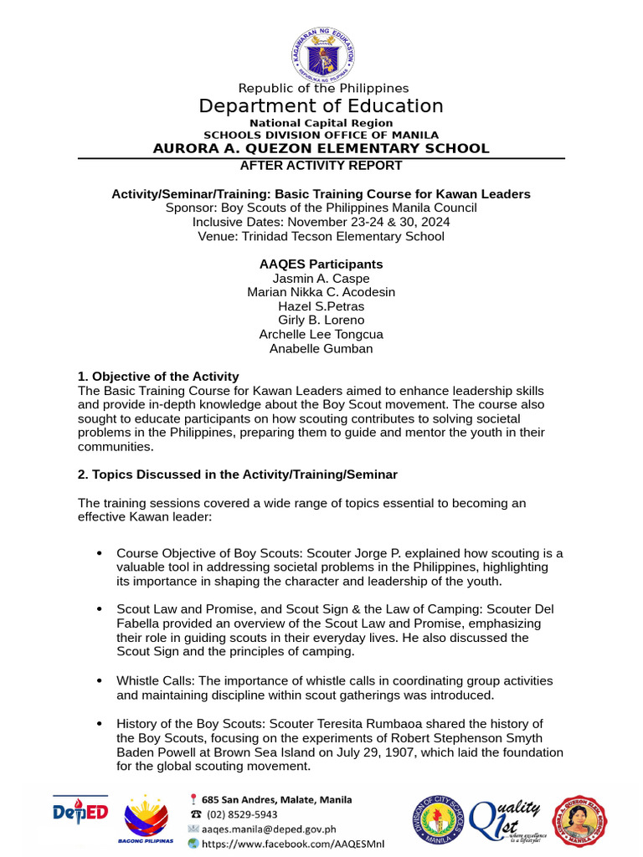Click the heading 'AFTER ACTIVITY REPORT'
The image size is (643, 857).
point(321,166)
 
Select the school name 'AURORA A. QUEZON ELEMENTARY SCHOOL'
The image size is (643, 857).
point(321,149)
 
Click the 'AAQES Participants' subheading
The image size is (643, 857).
point(321,264)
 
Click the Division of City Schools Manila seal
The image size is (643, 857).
point(436,821)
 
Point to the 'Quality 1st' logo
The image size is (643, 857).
point(507,820)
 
